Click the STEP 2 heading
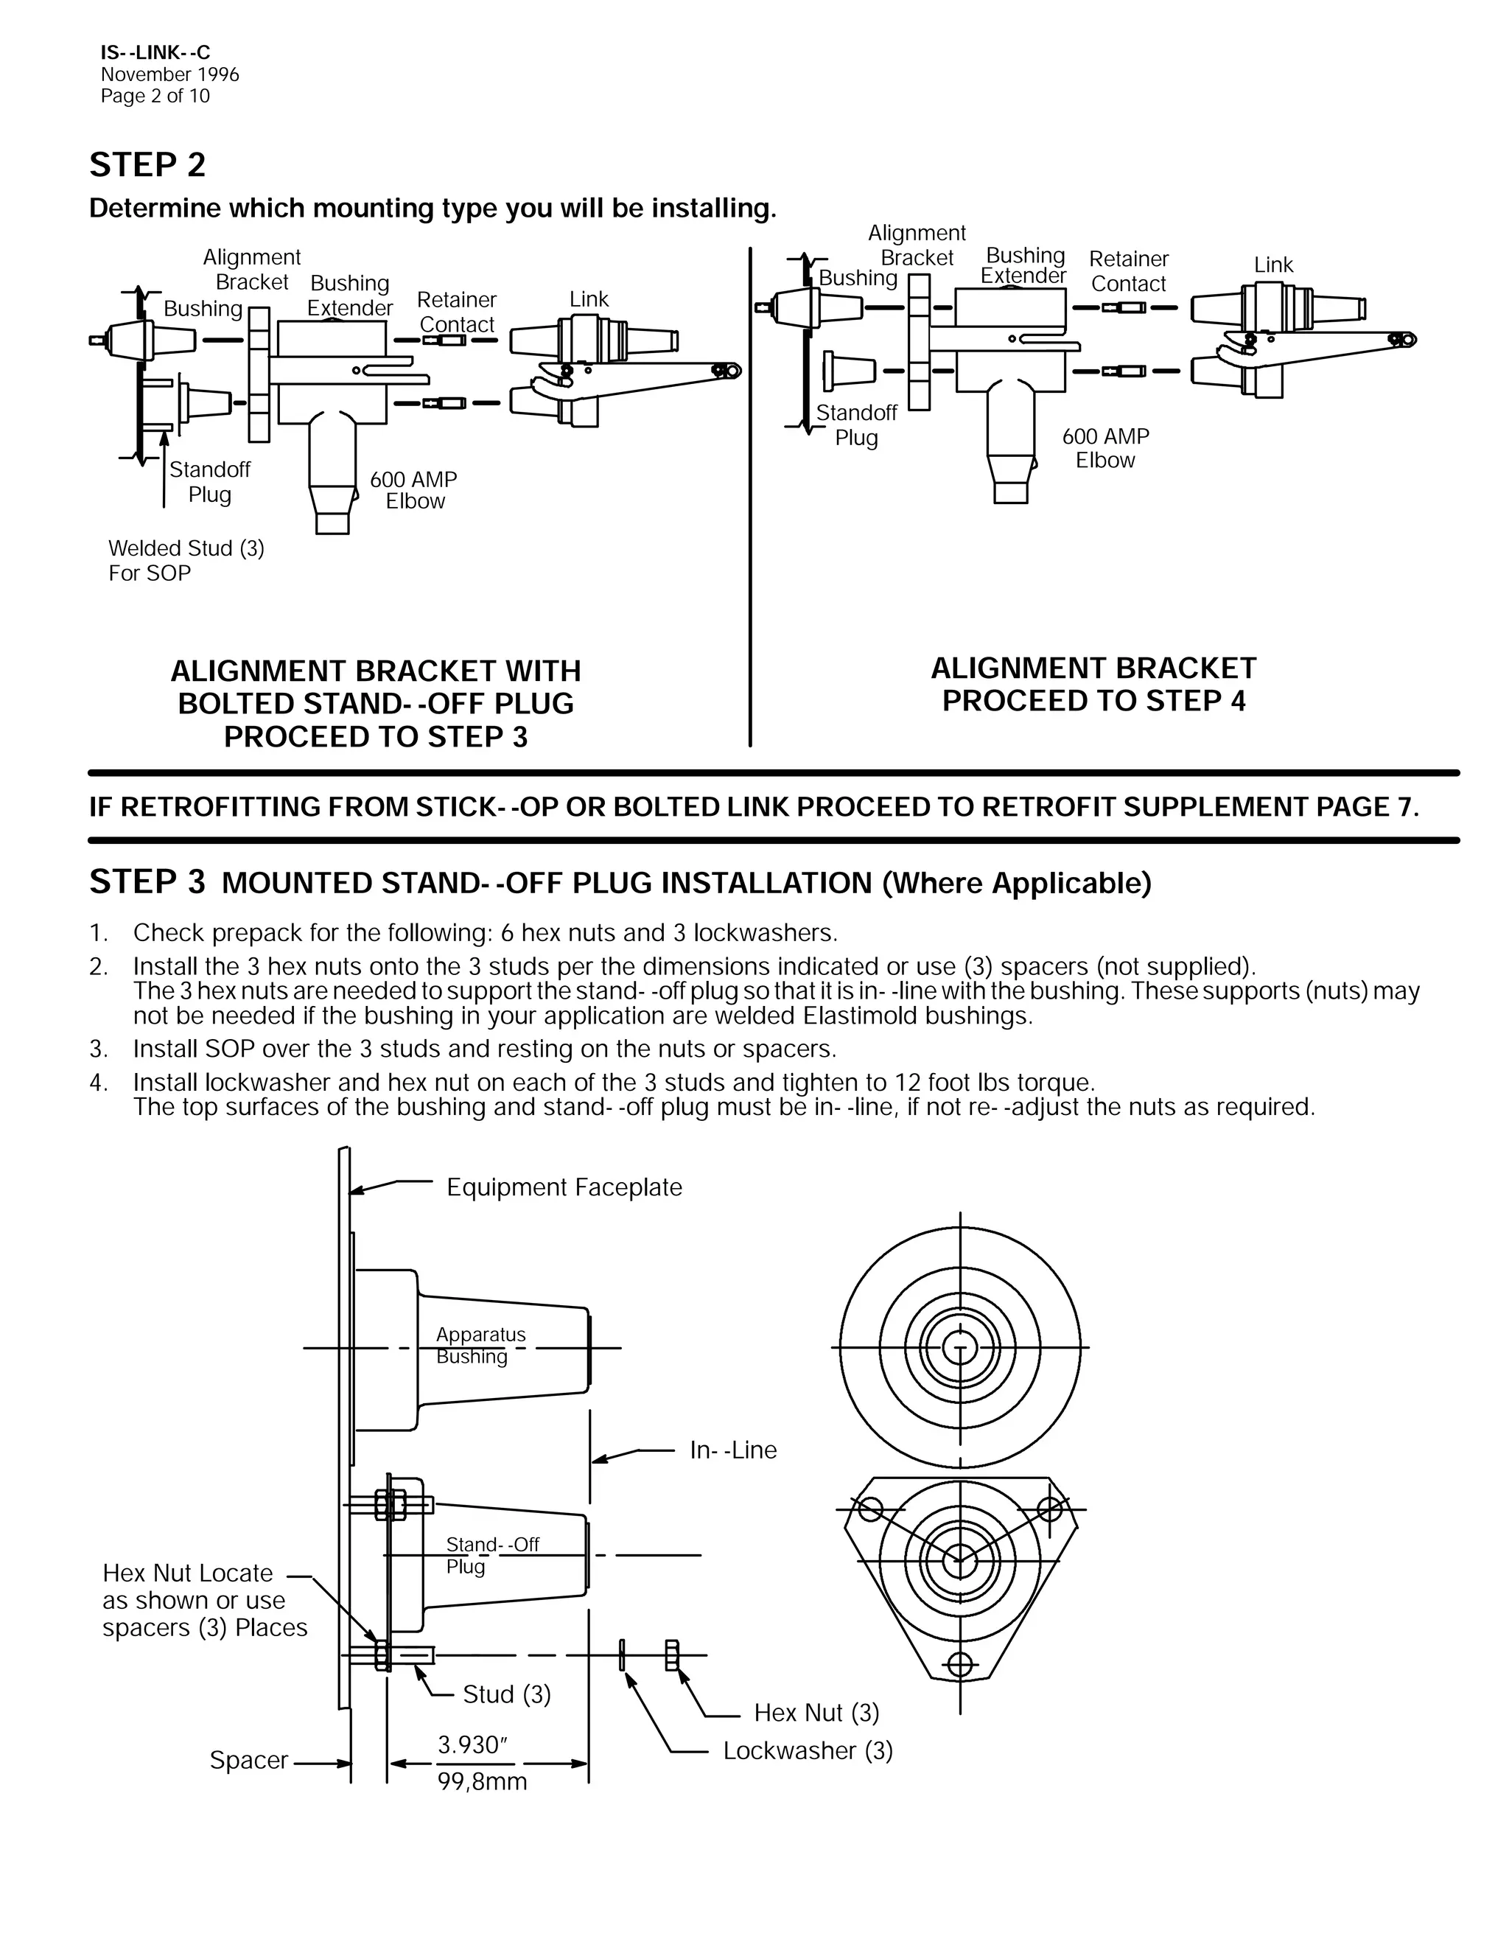click(x=147, y=165)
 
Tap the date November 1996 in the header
click(x=170, y=75)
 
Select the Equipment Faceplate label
click(x=564, y=1187)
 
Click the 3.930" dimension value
click(x=473, y=1744)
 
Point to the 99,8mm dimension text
click(x=482, y=1782)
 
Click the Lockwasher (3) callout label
click(x=808, y=1751)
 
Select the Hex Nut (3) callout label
click(x=816, y=1713)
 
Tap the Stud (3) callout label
click(x=506, y=1694)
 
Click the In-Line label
click(x=733, y=1450)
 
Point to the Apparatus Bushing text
click(x=480, y=1345)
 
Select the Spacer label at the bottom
click(x=248, y=1760)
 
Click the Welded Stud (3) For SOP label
click(x=186, y=561)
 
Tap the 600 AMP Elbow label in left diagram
click(x=414, y=490)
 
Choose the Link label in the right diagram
click(x=1273, y=265)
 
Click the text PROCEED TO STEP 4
click(x=1093, y=701)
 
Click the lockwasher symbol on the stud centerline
click(x=621, y=1655)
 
